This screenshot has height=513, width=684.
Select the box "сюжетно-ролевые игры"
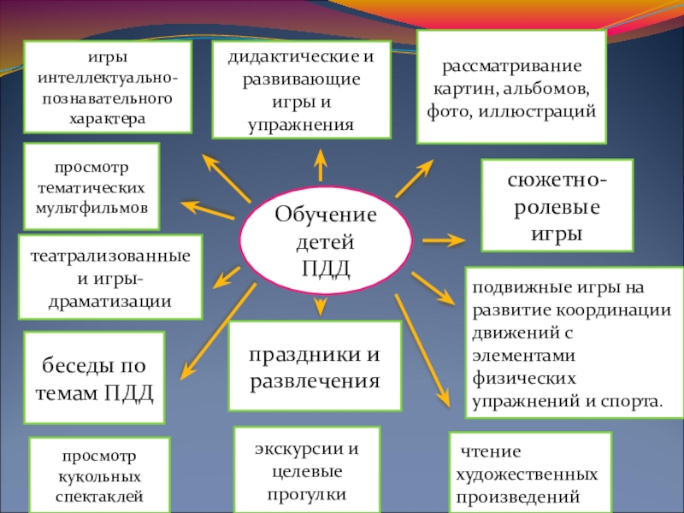click(x=557, y=205)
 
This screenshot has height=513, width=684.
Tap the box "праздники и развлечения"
click(x=315, y=367)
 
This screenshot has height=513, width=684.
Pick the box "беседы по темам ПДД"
click(x=93, y=379)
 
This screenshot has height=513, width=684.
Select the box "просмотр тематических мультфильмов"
click(x=91, y=186)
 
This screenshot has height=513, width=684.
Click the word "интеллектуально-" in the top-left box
click(x=109, y=78)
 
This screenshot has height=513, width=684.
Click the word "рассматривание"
click(x=511, y=66)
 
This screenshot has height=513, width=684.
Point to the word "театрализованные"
click(x=110, y=256)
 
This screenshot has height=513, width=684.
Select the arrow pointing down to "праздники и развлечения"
click(x=321, y=306)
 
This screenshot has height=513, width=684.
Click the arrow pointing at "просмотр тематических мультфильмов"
click(x=205, y=209)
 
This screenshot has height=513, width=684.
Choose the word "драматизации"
click(x=110, y=302)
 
